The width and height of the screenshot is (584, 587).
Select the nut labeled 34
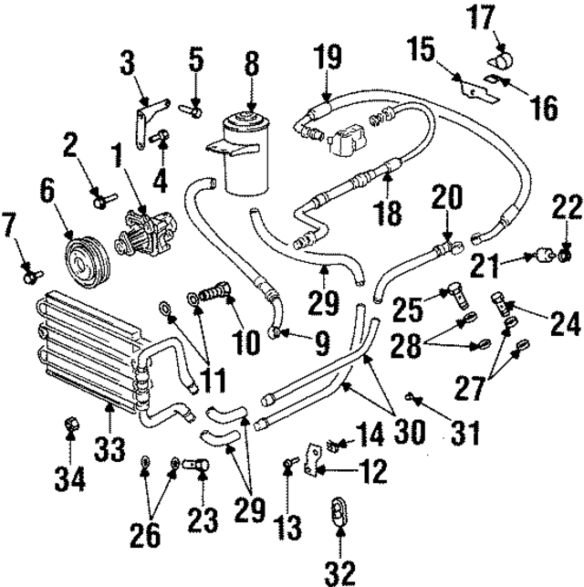pos(70,425)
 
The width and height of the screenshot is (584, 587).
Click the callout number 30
pos(408,429)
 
